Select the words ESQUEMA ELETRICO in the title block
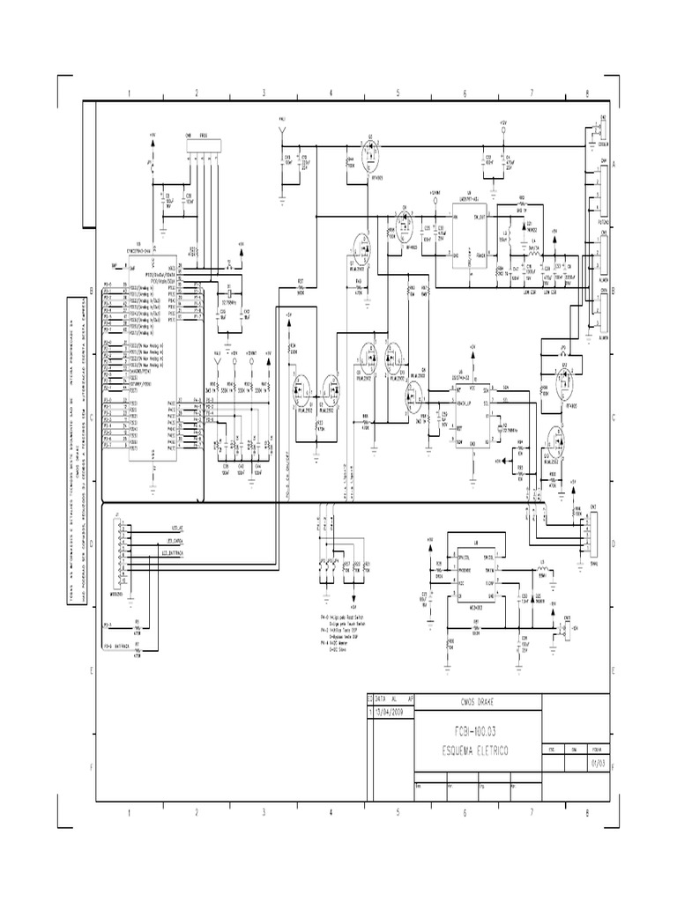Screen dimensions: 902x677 coord(477,750)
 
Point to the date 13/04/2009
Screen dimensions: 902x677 coord(390,713)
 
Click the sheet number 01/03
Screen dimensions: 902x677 coord(598,763)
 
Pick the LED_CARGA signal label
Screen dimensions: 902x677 coord(174,541)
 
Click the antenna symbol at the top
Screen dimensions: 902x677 coord(282,131)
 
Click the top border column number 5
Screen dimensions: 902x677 coord(398,92)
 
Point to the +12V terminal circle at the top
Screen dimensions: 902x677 coord(502,130)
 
